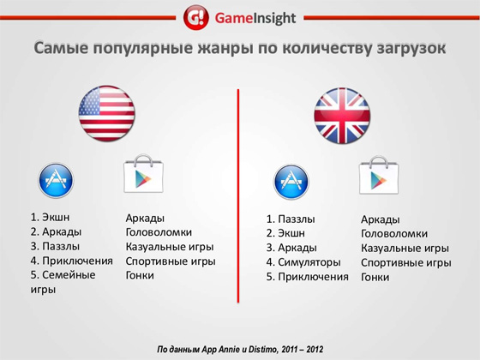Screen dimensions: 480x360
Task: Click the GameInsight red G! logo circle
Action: click(x=196, y=17)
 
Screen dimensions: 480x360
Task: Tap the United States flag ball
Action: click(x=106, y=113)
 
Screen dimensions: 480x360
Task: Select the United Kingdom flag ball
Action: click(x=342, y=116)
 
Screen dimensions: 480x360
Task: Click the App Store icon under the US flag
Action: click(x=56, y=180)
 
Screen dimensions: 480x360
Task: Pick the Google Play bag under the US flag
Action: click(x=143, y=173)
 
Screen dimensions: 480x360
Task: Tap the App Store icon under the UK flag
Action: click(x=291, y=182)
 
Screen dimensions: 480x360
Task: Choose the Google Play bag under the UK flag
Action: click(x=379, y=175)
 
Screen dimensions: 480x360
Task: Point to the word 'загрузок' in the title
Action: click(x=411, y=49)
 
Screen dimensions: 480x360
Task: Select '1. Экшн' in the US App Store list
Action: click(x=50, y=217)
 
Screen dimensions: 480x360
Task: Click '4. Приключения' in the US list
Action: click(x=72, y=261)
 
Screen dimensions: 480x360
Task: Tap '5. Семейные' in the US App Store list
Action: click(x=63, y=274)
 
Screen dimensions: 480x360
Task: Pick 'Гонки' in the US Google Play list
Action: click(x=140, y=275)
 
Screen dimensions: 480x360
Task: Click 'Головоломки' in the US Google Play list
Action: click(x=159, y=232)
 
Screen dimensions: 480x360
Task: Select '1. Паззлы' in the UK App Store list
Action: click(x=291, y=219)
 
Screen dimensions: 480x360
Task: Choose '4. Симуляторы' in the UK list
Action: click(x=303, y=262)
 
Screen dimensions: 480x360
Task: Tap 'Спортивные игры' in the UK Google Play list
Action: click(x=406, y=262)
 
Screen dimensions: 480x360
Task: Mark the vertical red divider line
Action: click(x=238, y=196)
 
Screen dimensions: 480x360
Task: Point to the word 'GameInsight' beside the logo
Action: click(x=255, y=18)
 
